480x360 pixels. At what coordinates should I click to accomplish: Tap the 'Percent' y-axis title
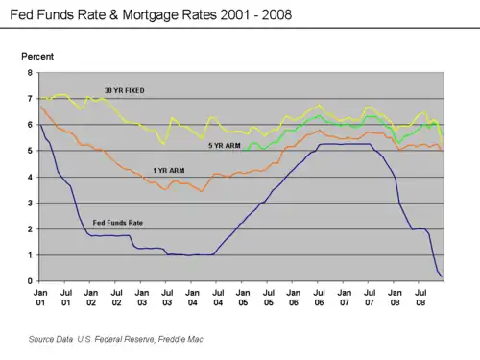tap(37, 57)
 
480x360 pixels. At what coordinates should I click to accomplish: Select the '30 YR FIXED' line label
tap(125, 90)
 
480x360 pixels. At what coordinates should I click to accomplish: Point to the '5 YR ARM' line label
tap(225, 146)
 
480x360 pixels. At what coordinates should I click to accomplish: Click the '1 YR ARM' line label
tap(169, 171)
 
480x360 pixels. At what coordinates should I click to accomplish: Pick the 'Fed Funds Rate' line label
tap(118, 223)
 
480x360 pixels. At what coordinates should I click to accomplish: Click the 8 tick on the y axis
tap(30, 73)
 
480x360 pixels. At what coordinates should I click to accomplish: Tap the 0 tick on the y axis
tap(30, 281)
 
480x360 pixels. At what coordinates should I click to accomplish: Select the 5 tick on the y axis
tap(30, 151)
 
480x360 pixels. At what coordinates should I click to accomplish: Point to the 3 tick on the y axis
tap(30, 203)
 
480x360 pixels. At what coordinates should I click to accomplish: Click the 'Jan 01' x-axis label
tap(40, 298)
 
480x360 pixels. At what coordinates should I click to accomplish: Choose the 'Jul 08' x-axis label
tap(420, 298)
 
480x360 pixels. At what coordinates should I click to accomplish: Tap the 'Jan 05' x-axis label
tap(243, 298)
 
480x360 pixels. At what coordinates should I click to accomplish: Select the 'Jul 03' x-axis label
tap(167, 298)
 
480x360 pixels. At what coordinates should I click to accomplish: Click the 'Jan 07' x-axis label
tap(345, 298)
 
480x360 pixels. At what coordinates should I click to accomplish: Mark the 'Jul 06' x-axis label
tap(319, 298)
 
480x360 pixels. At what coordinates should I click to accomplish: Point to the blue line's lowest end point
tap(442, 276)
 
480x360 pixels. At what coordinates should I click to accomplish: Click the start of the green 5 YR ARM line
tap(243, 150)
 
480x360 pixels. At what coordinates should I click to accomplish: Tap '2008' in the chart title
tap(276, 15)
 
